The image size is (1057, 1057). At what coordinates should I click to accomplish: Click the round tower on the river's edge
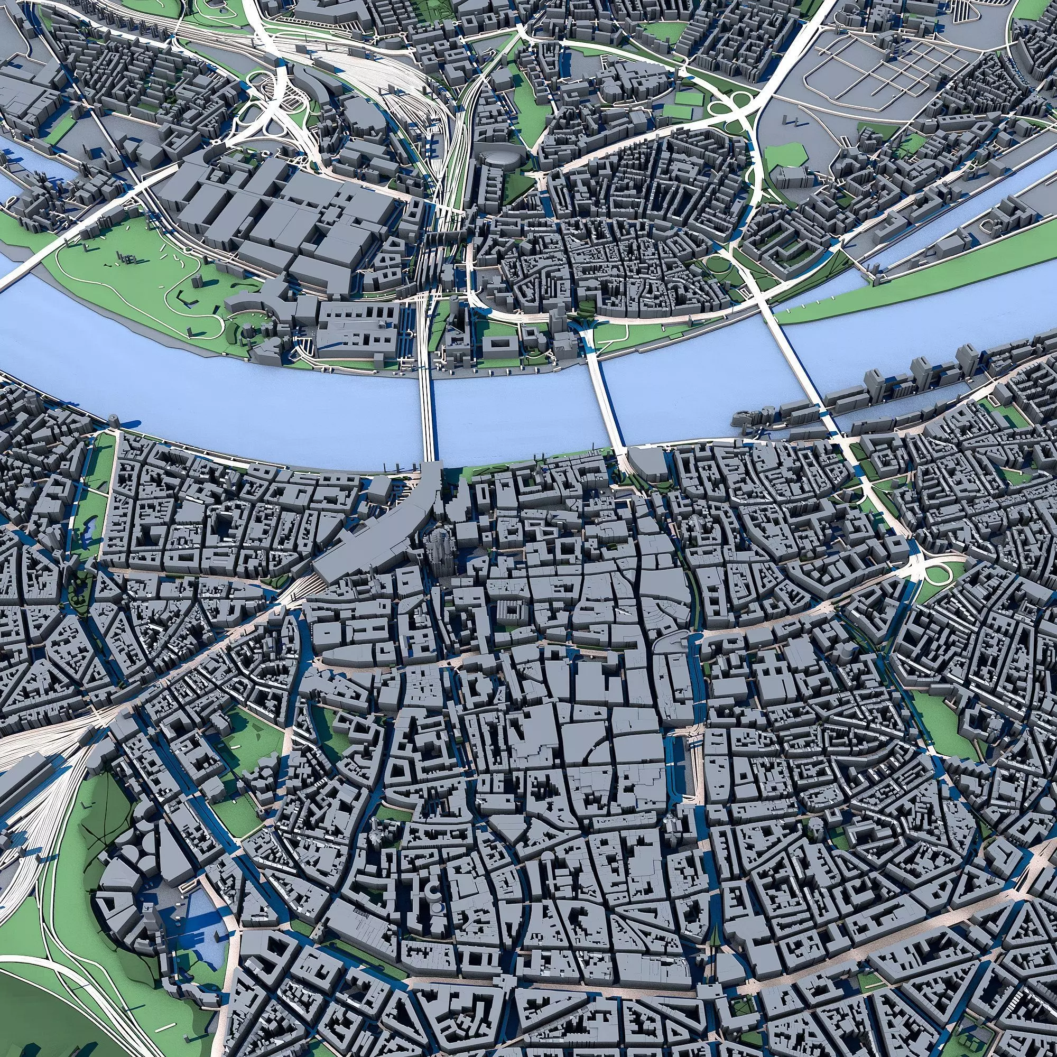tap(114, 420)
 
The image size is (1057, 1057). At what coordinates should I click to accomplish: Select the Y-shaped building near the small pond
tap(68, 563)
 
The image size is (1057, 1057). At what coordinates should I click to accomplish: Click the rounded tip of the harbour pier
tap(741, 419)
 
